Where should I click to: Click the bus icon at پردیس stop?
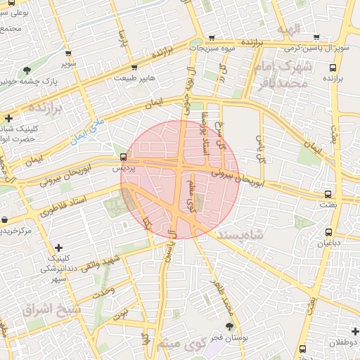124,156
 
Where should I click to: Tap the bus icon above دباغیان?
328,232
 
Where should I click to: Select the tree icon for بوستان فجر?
230,326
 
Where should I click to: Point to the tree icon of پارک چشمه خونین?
27,70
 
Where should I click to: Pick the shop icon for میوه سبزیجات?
211,38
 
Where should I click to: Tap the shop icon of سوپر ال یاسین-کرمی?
316,37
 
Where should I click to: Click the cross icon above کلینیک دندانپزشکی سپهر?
58,247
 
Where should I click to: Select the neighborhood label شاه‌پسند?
255,235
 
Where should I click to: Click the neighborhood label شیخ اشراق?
52,309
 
